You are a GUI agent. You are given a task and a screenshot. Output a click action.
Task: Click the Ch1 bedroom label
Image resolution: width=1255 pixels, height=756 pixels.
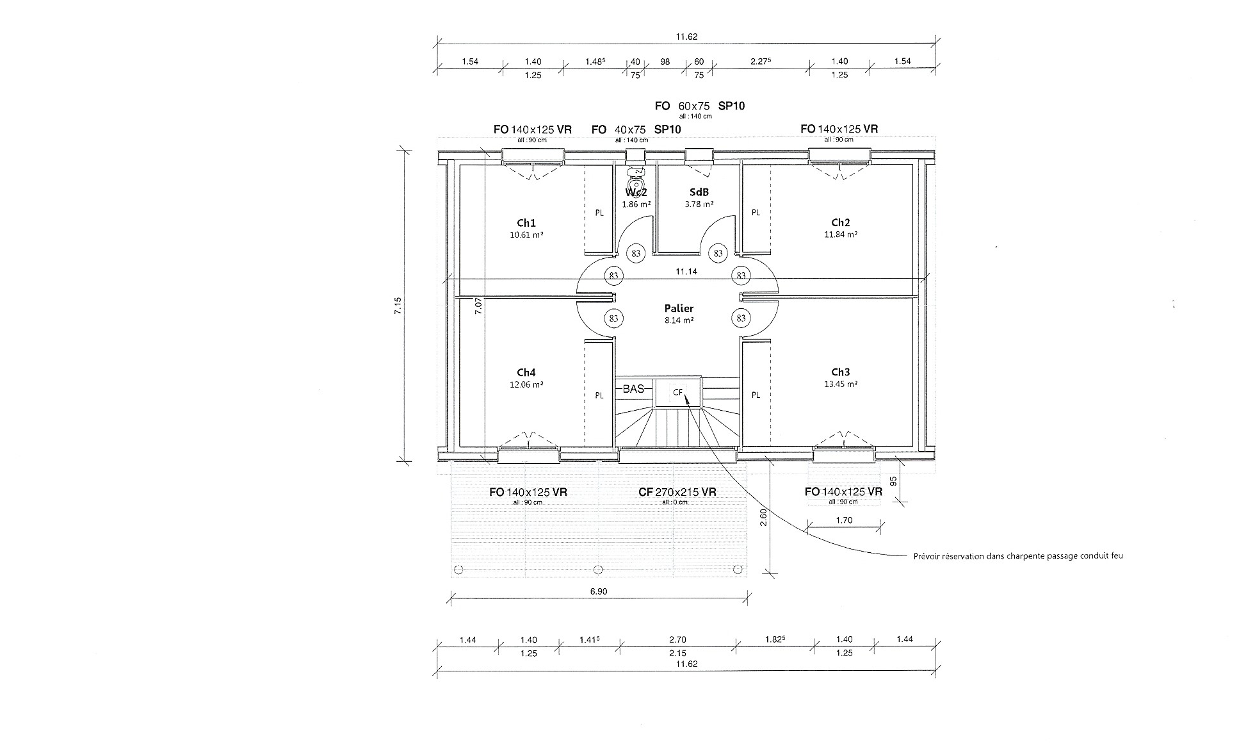[x=526, y=223]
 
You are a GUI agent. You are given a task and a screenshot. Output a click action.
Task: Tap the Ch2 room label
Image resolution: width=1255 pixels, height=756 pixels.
[x=841, y=222]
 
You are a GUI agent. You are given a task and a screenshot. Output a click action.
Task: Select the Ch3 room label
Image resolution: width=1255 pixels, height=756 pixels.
[x=841, y=372]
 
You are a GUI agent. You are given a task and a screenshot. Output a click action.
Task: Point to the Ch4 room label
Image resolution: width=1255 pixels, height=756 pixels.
[x=526, y=372]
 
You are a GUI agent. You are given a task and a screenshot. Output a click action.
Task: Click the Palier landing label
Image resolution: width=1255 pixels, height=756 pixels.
[x=679, y=308]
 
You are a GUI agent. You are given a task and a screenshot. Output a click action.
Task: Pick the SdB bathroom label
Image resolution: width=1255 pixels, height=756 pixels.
[x=699, y=192]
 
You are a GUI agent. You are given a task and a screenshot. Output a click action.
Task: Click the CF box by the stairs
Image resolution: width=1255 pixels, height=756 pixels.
[x=678, y=392]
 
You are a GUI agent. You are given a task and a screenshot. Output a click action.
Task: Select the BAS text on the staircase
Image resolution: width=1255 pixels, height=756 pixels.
[x=633, y=389]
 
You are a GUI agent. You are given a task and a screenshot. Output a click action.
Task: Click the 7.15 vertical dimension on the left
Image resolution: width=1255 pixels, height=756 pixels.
[x=398, y=305]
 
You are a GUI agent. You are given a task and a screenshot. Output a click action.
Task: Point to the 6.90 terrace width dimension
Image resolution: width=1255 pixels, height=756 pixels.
[x=598, y=591]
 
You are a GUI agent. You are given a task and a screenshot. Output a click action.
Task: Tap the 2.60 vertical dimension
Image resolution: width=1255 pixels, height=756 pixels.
[x=763, y=517]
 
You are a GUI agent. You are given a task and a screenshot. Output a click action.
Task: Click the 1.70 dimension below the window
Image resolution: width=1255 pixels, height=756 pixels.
[x=845, y=520]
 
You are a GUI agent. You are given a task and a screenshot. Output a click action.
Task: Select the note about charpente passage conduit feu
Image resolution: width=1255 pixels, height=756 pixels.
[x=1018, y=556]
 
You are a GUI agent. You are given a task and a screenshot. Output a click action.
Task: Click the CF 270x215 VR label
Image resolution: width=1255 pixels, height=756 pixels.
[x=677, y=492]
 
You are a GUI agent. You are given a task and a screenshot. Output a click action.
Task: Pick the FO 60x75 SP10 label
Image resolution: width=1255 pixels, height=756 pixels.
[x=700, y=106]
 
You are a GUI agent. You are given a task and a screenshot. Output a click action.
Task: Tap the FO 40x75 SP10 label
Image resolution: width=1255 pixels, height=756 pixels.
[x=636, y=129]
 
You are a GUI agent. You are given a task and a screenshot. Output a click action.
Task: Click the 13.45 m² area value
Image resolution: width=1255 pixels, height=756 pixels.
[x=841, y=384]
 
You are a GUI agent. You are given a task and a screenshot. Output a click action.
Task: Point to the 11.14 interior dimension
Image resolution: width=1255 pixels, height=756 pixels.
[x=686, y=272]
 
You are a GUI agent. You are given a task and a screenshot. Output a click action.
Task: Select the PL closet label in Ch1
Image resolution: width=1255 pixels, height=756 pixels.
[x=599, y=213]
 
